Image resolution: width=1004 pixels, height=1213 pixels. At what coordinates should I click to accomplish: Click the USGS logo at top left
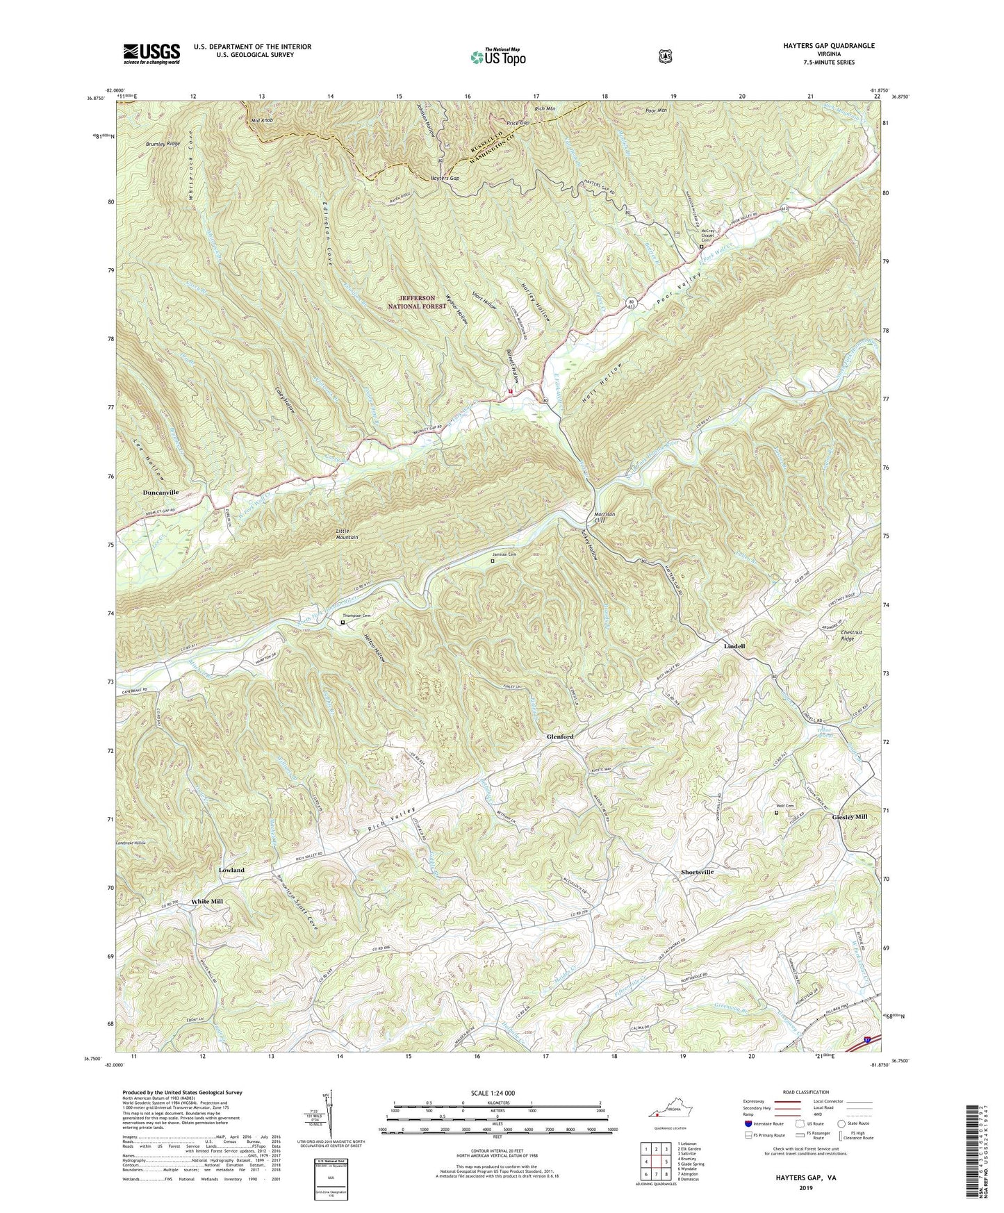click(151, 53)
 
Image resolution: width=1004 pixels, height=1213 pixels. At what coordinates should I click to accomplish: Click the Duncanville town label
click(161, 492)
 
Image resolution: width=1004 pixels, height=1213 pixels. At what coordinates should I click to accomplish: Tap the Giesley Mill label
click(849, 817)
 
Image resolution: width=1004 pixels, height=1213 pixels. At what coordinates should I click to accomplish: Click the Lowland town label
click(231, 870)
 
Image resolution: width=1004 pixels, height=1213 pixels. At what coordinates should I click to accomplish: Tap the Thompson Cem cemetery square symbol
click(343, 623)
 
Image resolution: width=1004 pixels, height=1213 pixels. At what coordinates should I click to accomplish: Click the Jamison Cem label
click(505, 554)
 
